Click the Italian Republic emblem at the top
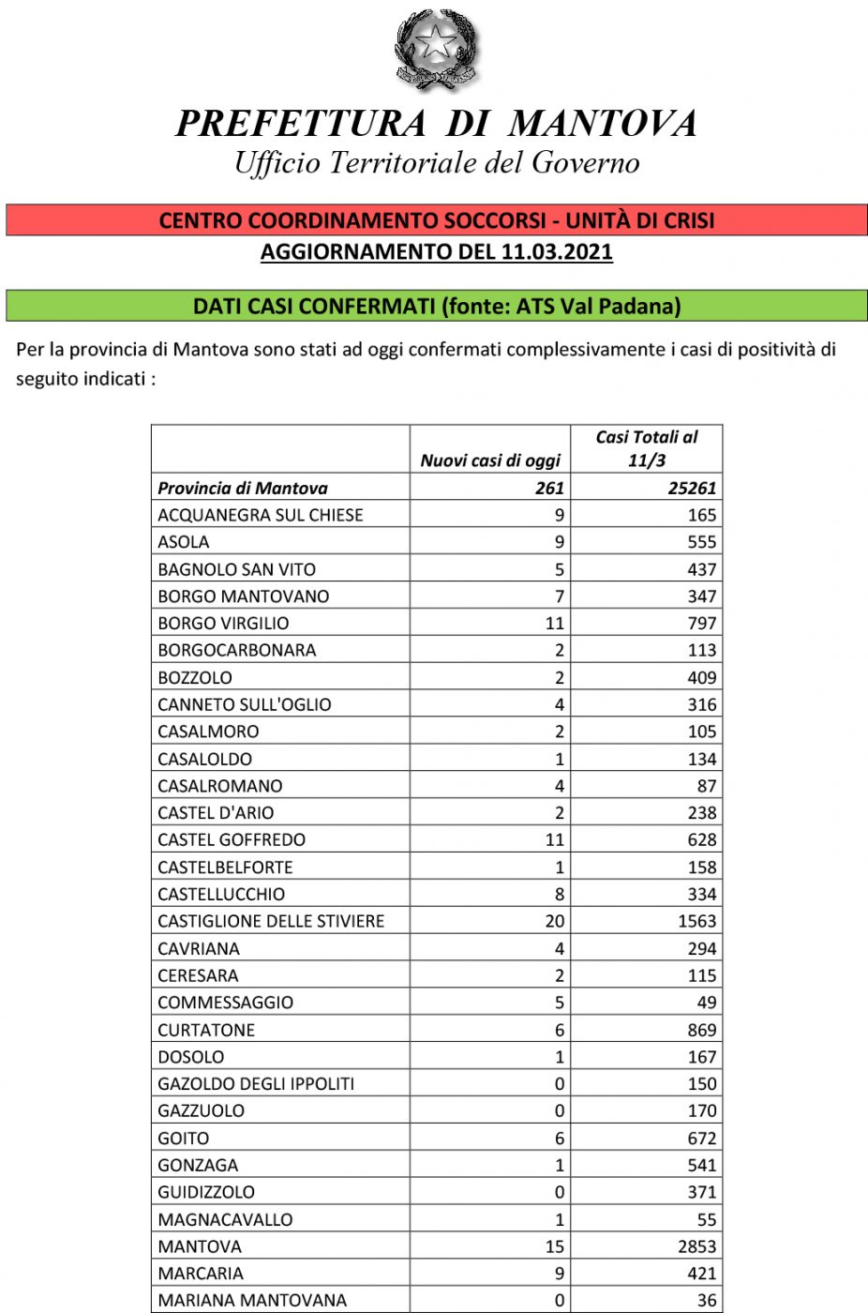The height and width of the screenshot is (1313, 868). point(436,49)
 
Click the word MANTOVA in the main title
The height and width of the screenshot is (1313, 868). point(603,124)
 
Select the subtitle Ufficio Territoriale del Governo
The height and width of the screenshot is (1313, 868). point(437,163)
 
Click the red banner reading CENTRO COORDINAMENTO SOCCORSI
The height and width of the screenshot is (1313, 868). point(437,220)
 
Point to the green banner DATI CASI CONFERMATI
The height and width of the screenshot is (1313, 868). point(437,307)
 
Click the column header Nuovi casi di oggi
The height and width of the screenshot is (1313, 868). point(490,460)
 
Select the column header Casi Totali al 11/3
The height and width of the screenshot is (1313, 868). point(647,448)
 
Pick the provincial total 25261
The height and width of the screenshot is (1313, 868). point(692,488)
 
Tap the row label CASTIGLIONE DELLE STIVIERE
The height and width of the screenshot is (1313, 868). point(271,921)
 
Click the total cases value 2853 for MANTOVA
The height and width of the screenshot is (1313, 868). point(696,1246)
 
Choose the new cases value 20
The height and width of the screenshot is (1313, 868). point(555,921)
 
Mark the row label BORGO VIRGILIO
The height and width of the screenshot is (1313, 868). point(223,623)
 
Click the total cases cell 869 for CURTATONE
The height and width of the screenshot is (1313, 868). point(701,1030)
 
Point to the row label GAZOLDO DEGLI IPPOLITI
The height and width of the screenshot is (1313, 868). point(256,1084)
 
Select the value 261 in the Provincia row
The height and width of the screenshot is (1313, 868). point(549,488)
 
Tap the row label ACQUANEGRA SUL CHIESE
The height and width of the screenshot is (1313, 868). point(261,515)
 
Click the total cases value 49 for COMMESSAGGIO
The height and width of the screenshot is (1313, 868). point(706,1003)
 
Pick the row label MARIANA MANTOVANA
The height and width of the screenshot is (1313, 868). point(252,1301)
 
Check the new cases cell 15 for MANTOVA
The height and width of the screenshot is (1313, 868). point(555,1246)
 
